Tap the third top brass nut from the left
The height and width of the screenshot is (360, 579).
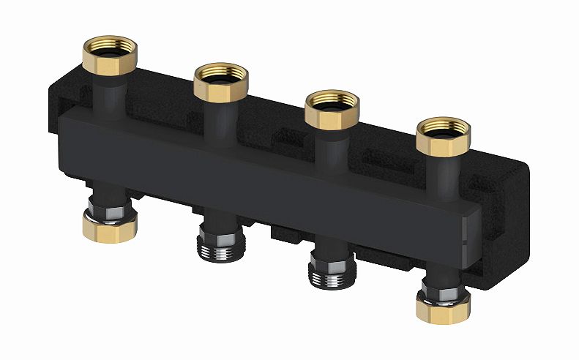click(330, 108)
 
